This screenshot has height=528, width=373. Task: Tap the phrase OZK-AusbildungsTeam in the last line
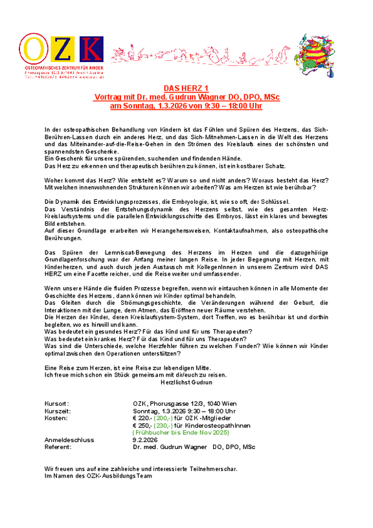(x=119, y=476)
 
